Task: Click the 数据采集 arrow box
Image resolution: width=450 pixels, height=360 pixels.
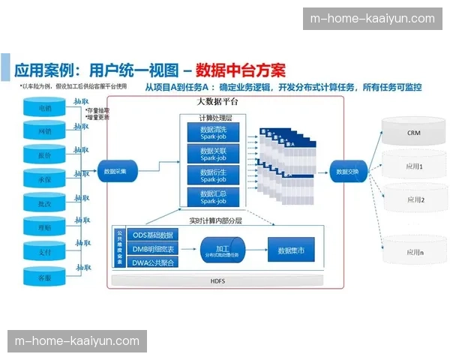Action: coord(116,171)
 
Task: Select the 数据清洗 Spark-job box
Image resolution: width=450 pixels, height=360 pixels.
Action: coord(212,133)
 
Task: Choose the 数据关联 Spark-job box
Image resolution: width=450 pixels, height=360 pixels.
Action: coord(212,154)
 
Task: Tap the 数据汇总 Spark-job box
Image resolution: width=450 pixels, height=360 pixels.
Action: coord(212,196)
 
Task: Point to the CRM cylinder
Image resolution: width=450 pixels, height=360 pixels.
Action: coord(413,132)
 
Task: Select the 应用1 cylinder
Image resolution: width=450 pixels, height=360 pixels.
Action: coord(413,166)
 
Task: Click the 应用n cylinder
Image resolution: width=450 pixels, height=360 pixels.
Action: coord(413,253)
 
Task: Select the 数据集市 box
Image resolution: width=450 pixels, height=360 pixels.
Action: coord(290,249)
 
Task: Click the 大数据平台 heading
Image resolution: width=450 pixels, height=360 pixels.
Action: coord(217,100)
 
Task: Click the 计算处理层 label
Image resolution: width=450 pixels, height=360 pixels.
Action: coord(215,117)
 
